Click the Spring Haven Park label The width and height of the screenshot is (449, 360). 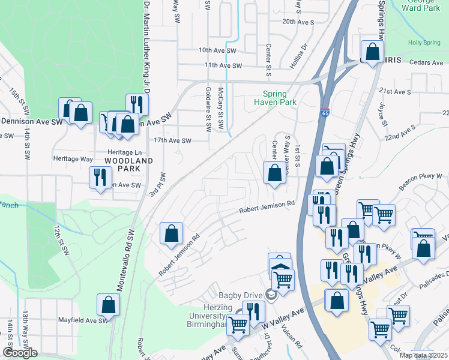click(279, 98)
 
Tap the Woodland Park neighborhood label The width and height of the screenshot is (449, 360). click(125, 164)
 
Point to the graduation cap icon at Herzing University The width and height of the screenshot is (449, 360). click(270, 294)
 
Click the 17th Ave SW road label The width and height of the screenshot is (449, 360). click(172, 141)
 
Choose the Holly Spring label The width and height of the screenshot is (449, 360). click(424, 43)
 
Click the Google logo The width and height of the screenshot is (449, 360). click(20, 353)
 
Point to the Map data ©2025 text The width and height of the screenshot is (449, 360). click(423, 355)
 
